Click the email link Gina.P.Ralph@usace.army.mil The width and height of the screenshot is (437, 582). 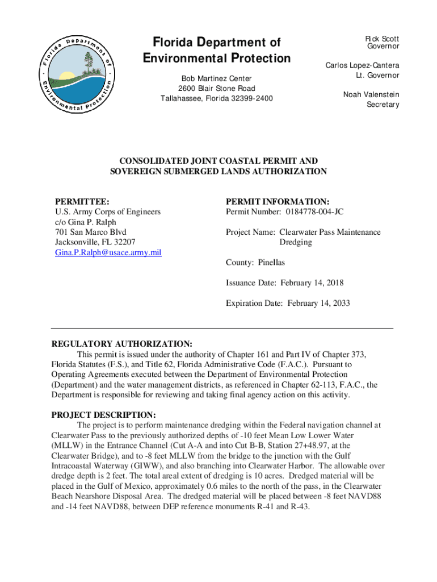[108, 252]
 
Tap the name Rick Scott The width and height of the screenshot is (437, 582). [382, 39]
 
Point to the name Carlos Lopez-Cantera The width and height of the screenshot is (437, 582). [362, 65]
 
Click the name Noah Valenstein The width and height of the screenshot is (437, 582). [371, 94]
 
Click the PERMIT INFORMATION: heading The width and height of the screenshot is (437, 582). [278, 202]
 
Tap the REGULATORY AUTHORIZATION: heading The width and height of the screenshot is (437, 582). [122, 344]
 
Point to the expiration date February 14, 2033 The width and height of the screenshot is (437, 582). [318, 303]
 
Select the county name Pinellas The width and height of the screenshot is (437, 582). [271, 263]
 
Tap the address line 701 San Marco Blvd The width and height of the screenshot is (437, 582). [90, 232]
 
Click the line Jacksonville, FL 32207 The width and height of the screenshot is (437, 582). [95, 242]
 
